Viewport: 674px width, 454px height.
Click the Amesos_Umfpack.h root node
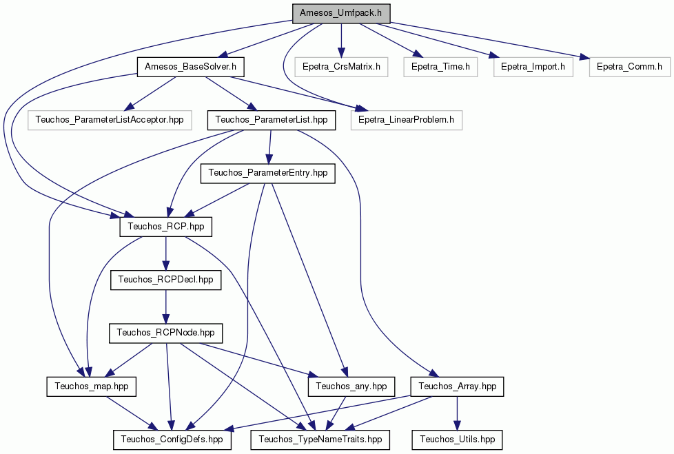click(x=341, y=13)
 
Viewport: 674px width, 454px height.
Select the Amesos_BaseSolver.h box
click(x=190, y=67)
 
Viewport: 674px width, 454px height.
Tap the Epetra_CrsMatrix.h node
click(x=341, y=67)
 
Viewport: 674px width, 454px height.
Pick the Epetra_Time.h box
click(x=440, y=67)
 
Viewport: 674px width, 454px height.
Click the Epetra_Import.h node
click(x=533, y=67)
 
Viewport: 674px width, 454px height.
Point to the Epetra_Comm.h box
click(x=629, y=67)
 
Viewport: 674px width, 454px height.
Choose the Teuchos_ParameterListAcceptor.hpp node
click(x=110, y=120)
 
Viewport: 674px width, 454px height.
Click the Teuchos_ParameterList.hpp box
click(x=272, y=120)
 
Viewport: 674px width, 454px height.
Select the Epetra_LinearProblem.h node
click(x=406, y=120)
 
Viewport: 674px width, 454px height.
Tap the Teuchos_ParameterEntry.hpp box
click(x=268, y=173)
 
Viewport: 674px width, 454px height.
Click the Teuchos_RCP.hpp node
click(x=166, y=227)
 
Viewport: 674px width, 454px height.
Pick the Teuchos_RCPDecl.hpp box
click(x=166, y=280)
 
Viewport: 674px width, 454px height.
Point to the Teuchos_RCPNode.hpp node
click(x=166, y=333)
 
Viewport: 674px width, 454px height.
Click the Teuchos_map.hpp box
click(x=92, y=386)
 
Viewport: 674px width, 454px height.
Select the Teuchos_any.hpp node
click(x=351, y=386)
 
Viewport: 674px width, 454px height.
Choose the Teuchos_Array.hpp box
click(x=458, y=386)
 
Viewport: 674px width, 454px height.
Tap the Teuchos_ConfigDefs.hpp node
click(x=172, y=440)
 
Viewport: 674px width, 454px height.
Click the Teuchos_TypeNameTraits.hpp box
click(x=320, y=440)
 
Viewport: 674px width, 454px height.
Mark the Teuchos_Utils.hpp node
click(x=458, y=440)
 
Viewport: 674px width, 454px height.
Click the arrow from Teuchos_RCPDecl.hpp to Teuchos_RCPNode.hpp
click(x=166, y=307)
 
